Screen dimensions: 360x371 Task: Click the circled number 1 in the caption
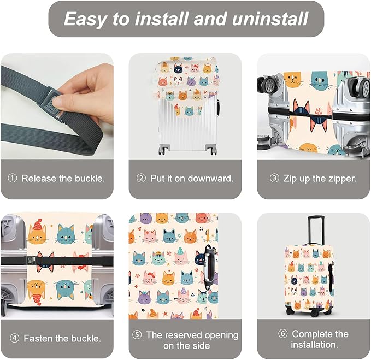13,179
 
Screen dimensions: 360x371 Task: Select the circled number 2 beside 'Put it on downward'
141,179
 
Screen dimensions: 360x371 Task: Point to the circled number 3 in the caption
274,179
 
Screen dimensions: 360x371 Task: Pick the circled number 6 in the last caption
283,334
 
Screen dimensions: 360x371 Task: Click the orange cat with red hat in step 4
37,233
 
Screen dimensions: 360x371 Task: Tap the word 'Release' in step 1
39,179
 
